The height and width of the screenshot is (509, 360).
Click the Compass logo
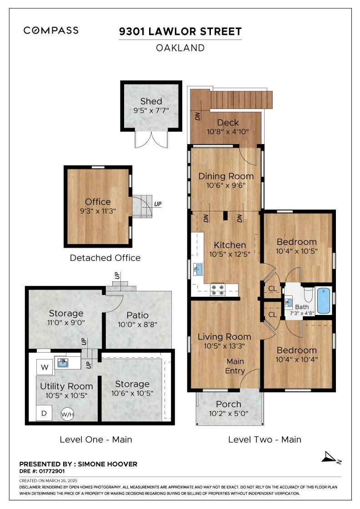click(51, 30)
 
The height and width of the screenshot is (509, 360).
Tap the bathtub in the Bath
click(323, 300)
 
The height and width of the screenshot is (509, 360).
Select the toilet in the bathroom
click(308, 293)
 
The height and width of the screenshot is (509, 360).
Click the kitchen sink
click(197, 269)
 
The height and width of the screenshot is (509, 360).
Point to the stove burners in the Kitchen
click(217, 290)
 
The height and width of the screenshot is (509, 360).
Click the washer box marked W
click(45, 367)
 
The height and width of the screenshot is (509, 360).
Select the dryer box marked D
click(44, 413)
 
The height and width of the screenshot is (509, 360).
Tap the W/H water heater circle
click(68, 414)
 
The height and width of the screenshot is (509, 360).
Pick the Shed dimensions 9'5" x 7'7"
click(151, 110)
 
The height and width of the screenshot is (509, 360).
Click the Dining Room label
click(226, 176)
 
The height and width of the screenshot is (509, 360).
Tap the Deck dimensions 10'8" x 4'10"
click(228, 132)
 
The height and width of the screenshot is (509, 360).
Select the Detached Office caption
click(105, 258)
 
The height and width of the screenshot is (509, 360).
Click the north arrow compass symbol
click(331, 457)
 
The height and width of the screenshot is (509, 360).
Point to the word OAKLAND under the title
click(180, 48)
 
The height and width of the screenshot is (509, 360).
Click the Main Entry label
click(235, 366)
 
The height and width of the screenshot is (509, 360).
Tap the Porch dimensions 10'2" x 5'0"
click(229, 414)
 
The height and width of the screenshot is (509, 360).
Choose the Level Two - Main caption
click(265, 439)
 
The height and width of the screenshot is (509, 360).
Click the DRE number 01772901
click(52, 471)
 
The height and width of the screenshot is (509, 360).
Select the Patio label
click(138, 315)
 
